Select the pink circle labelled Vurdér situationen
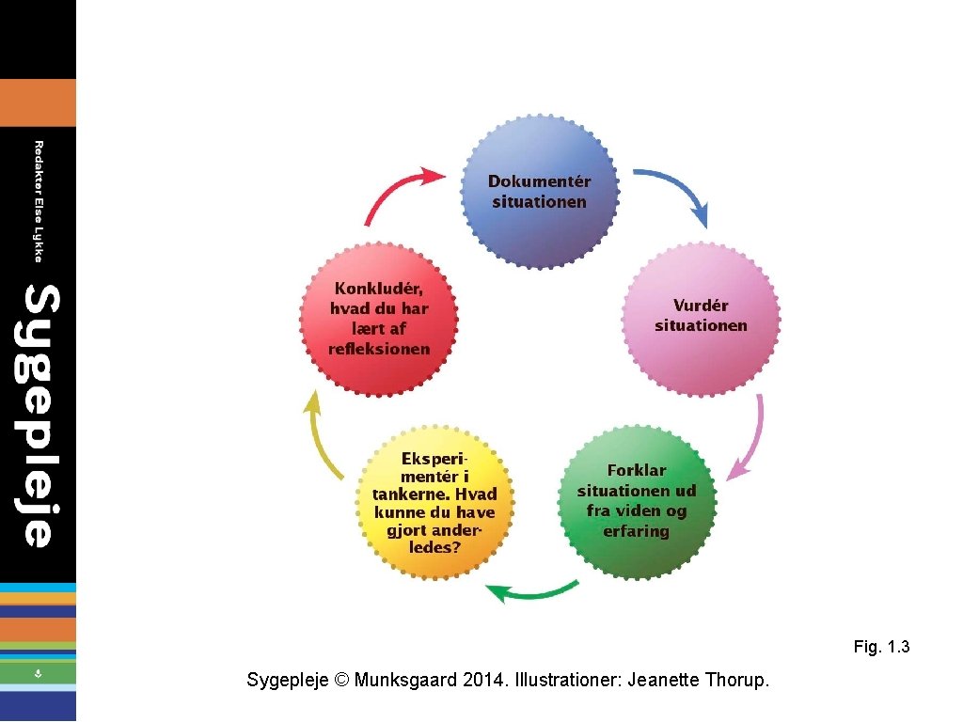click(x=702, y=315)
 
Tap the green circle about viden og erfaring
click(x=637, y=500)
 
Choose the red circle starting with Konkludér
click(x=379, y=317)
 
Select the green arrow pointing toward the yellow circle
click(x=531, y=591)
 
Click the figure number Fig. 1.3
click(x=881, y=647)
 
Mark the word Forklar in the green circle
click(x=637, y=470)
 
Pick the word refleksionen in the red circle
click(x=379, y=349)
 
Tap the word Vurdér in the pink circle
click(x=701, y=306)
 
